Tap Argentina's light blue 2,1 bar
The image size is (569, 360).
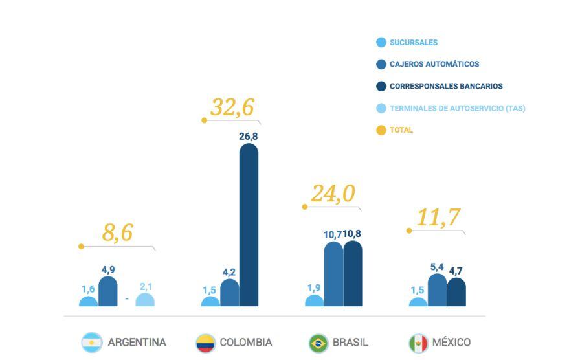[145, 300]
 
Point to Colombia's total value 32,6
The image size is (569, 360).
[232, 107]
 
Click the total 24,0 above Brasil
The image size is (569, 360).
[333, 194]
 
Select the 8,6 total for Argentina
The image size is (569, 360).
[118, 232]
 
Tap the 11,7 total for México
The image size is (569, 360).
[438, 218]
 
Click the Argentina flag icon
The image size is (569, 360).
[92, 343]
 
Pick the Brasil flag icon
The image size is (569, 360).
[318, 343]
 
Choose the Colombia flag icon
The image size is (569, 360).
[205, 343]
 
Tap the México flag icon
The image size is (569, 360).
[418, 343]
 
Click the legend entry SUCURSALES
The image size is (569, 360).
[413, 43]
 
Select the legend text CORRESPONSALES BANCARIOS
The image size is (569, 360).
[445, 86]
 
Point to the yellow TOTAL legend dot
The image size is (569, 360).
[381, 130]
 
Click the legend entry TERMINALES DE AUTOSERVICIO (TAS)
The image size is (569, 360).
[456, 108]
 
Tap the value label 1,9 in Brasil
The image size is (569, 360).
[314, 287]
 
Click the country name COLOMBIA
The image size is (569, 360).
[245, 343]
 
